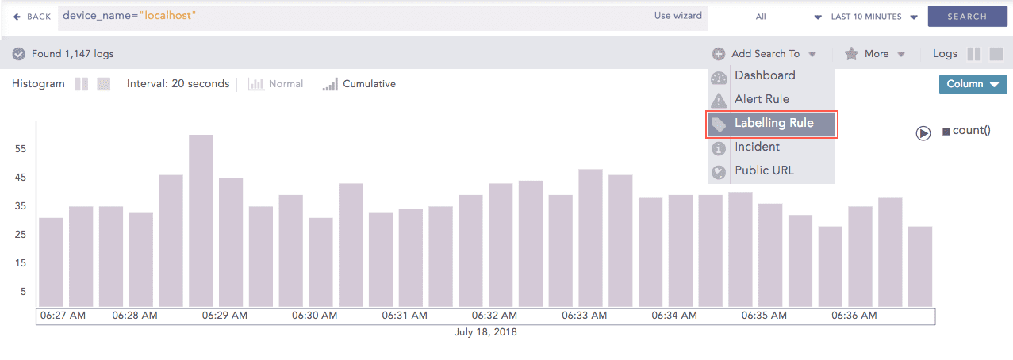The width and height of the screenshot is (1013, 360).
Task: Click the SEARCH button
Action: (966, 17)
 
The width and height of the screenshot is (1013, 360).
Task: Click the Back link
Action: (32, 17)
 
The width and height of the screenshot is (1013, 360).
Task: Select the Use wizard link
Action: (677, 16)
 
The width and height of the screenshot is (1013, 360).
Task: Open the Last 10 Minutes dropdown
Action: (873, 17)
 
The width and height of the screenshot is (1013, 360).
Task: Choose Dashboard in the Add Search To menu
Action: (764, 75)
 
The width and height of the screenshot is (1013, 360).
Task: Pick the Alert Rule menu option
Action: (762, 99)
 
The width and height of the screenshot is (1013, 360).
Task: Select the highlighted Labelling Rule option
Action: (773, 124)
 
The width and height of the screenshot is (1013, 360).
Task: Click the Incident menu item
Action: (757, 147)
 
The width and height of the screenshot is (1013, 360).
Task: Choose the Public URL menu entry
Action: (764, 170)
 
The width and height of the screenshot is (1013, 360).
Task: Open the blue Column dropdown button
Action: (973, 84)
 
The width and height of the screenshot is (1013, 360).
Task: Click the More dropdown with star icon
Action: (875, 54)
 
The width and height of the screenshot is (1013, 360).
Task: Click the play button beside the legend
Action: (923, 133)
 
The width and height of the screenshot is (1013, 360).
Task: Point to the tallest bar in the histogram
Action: (201, 220)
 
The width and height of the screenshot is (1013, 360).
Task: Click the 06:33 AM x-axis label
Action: (585, 316)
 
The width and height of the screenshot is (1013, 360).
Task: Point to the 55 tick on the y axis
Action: (21, 149)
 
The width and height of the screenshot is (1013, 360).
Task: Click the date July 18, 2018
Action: (485, 332)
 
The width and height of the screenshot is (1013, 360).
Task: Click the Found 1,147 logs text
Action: (72, 54)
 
